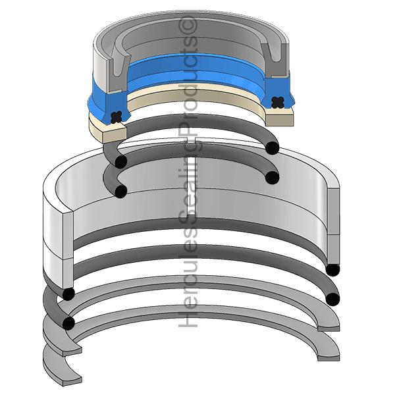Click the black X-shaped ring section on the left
116,117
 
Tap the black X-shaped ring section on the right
277,103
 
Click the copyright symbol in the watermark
188,25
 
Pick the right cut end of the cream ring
280,117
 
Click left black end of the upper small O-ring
121,162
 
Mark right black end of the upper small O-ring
273,148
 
